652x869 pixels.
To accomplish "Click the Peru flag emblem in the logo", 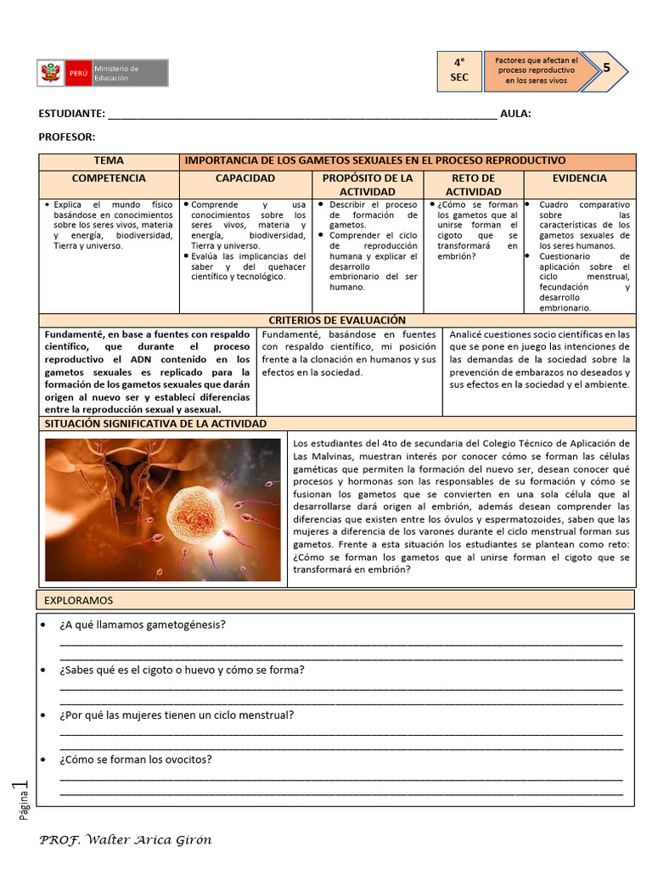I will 50,73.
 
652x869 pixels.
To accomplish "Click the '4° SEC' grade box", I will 458,70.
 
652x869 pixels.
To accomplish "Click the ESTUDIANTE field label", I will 71,114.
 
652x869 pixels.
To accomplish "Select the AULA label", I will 515,114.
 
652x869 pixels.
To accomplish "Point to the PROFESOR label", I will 67,137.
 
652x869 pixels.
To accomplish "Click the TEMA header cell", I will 109,160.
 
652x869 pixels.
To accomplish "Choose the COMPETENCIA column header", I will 109,179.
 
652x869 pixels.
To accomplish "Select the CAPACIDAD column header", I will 245,179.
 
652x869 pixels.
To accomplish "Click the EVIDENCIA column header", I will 579,179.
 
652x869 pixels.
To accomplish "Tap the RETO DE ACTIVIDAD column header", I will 474,185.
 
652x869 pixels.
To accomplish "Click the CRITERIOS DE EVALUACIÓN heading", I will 337,320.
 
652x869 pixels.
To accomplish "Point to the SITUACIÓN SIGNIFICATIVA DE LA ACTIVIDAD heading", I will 155,423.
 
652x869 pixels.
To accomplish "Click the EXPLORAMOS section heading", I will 78,600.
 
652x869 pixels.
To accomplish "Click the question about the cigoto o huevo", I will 182,670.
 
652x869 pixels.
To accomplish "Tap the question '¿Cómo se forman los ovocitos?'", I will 136,760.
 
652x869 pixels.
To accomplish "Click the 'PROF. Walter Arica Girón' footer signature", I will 126,840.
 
